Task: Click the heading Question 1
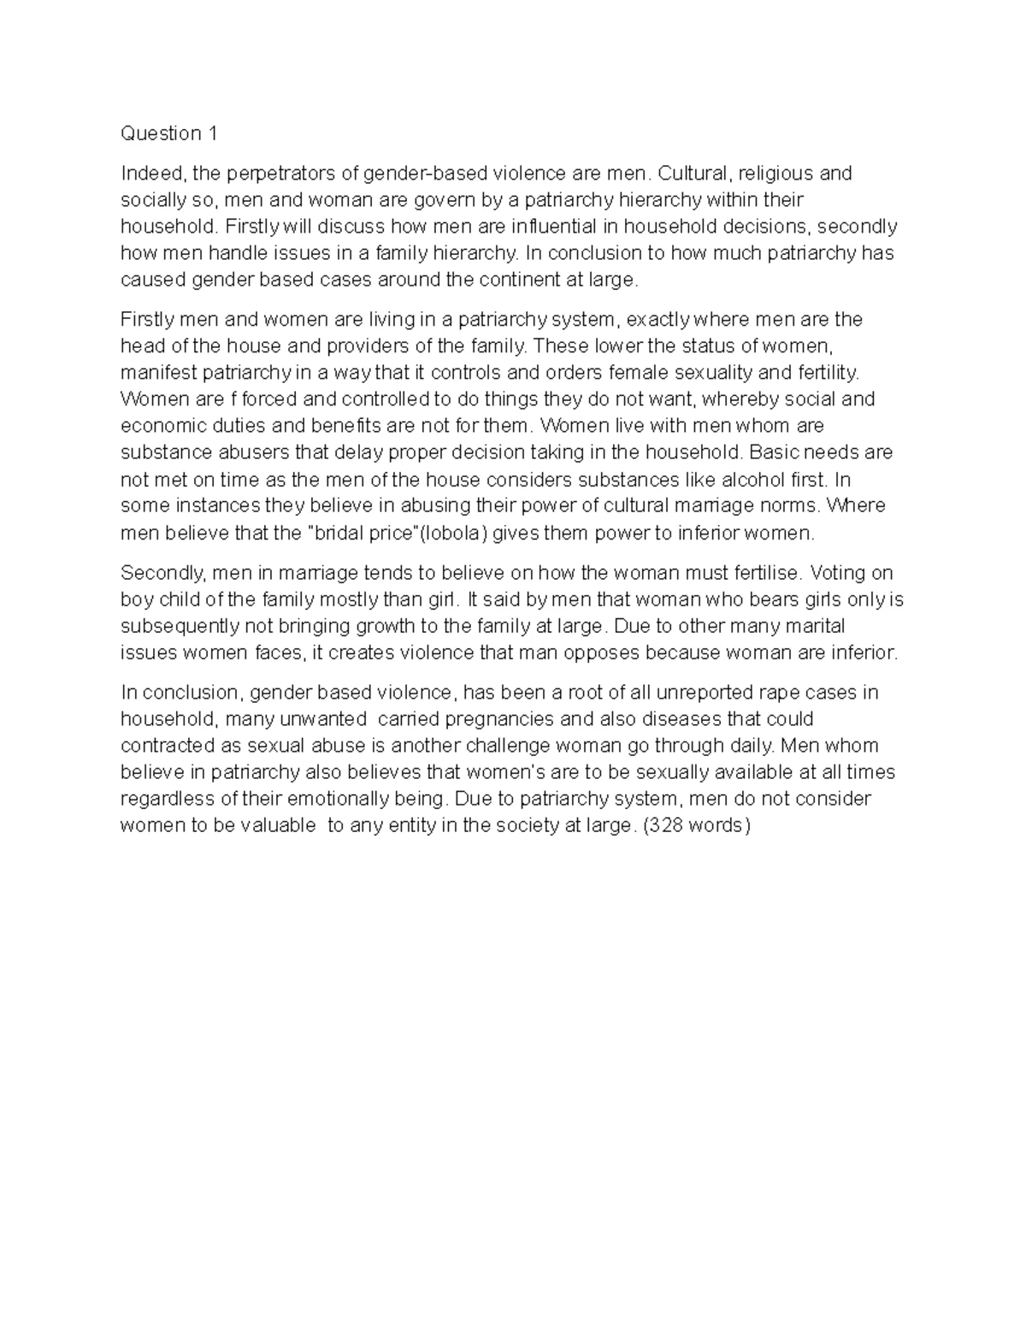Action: pos(169,133)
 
